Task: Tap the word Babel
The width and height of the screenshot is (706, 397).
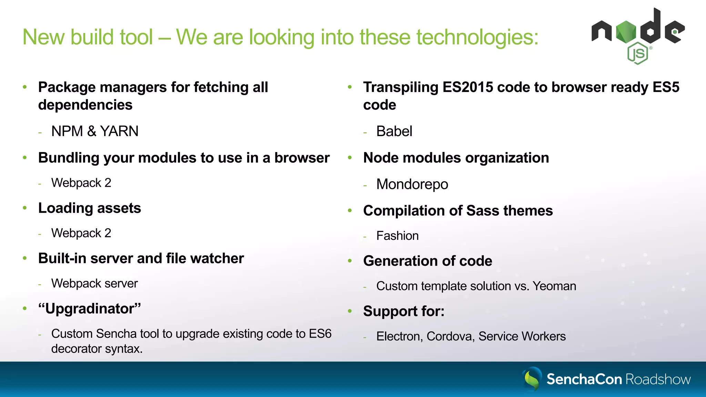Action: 394,131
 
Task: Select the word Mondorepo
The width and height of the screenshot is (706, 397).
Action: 412,184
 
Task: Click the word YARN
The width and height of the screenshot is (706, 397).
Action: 119,131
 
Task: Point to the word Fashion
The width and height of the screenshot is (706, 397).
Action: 397,236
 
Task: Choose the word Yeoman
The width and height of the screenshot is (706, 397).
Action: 554,286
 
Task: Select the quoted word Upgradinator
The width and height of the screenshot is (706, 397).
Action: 90,308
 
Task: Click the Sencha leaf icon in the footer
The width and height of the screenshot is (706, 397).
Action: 532,379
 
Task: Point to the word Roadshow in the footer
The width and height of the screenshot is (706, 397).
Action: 658,379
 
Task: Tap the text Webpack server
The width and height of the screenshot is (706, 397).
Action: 94,283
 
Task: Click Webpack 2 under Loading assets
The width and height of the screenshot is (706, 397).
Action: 81,233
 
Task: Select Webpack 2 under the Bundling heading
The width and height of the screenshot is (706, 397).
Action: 81,183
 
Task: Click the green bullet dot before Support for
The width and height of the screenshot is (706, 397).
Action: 350,311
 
